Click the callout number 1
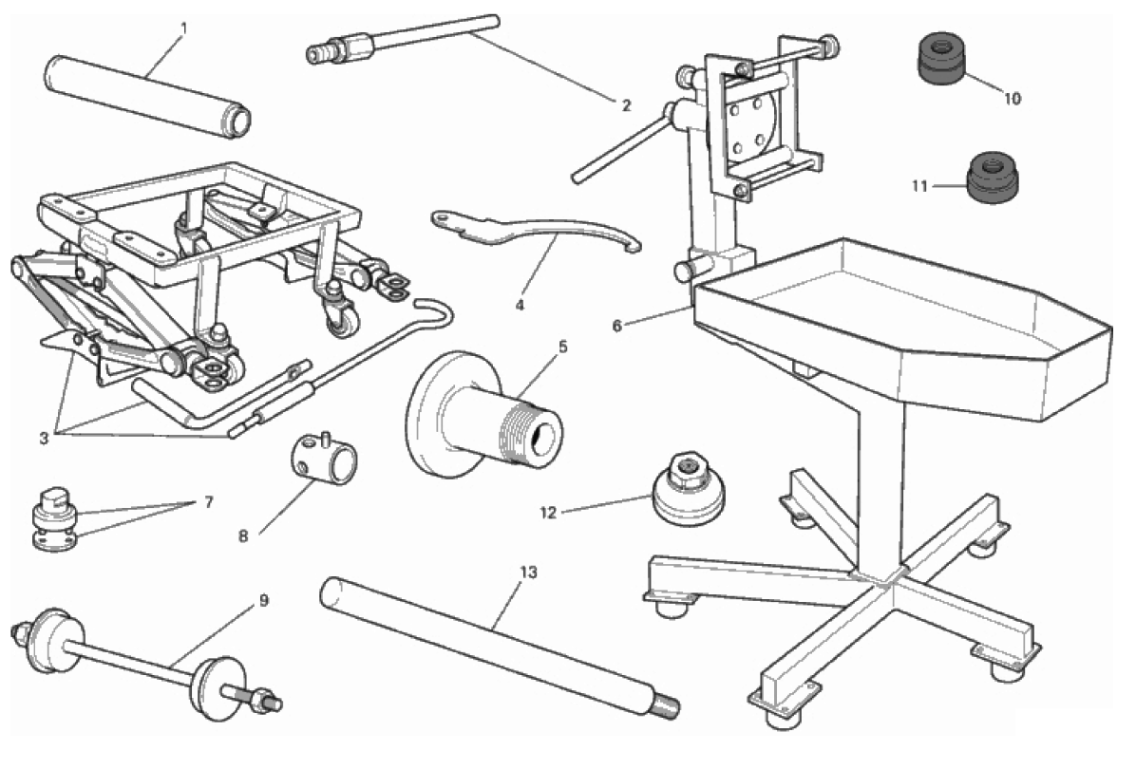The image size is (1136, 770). point(183,29)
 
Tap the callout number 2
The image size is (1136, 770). point(627,105)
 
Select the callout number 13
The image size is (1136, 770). point(529,573)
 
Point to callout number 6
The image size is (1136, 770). point(617,326)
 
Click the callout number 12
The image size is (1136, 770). point(548,513)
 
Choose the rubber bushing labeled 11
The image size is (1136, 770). point(992,178)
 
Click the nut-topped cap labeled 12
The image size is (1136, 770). point(689,489)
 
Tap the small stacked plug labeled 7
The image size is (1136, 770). point(55,520)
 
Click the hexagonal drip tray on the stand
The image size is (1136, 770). point(902,326)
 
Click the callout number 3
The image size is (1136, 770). point(45,439)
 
